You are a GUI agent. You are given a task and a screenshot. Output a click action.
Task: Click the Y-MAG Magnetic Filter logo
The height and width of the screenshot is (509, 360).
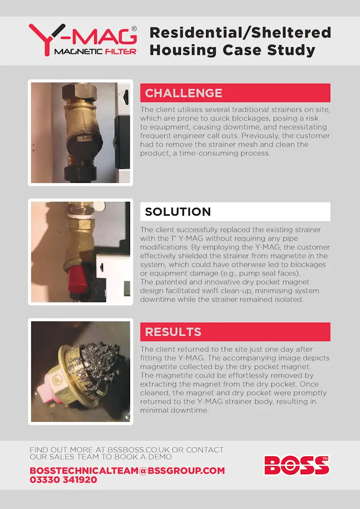83,40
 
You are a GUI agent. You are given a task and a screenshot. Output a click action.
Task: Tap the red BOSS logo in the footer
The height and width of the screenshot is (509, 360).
297,465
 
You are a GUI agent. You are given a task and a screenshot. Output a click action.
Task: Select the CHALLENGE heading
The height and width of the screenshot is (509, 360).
184,93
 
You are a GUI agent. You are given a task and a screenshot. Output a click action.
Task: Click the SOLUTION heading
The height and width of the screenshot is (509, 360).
178,212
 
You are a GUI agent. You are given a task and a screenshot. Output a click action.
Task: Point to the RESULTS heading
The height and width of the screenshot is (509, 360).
173,332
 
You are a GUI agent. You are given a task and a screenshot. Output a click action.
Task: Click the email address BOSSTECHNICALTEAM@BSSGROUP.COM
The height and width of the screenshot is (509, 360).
127,471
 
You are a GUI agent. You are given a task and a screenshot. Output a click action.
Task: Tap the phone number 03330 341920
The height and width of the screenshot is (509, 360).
63,480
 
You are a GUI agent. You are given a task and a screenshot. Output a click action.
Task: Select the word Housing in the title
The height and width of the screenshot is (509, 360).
183,50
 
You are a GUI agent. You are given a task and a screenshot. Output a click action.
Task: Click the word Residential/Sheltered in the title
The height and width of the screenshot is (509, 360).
240,33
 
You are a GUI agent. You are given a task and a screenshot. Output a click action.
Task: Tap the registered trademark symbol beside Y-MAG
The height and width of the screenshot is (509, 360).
134,29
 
